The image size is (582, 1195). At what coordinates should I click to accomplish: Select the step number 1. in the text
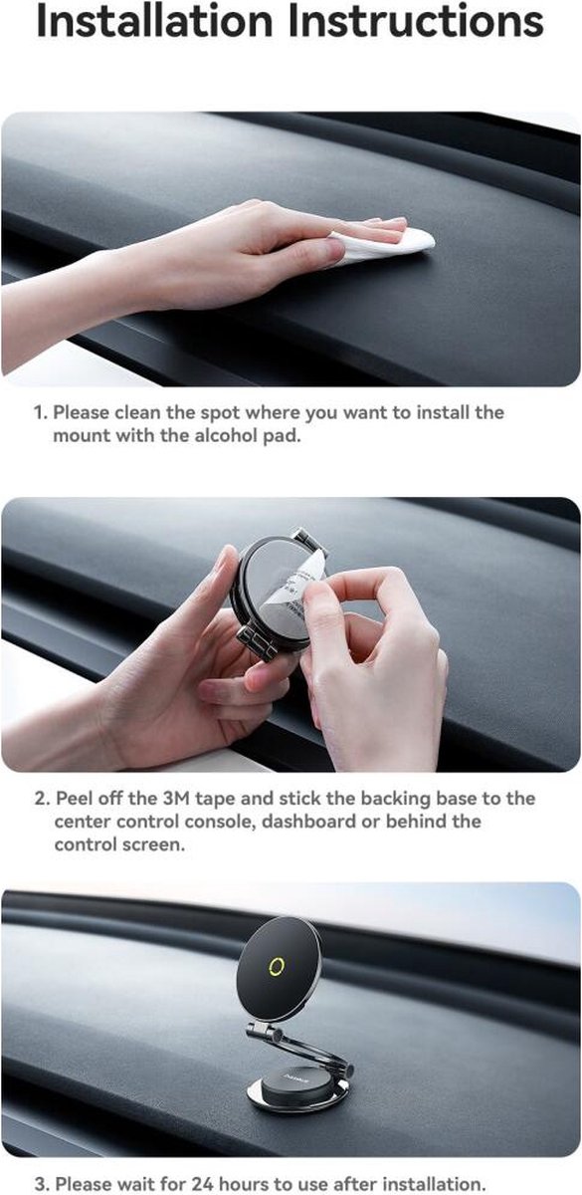click(41, 412)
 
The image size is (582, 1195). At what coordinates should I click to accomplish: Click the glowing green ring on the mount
click(279, 965)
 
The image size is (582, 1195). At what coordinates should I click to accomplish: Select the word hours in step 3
click(244, 1183)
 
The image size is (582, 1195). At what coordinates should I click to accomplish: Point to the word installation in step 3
click(435, 1183)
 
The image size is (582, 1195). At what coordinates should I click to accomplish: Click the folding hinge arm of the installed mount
click(301, 1047)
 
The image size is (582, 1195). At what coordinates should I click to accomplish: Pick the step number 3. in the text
click(42, 1184)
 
